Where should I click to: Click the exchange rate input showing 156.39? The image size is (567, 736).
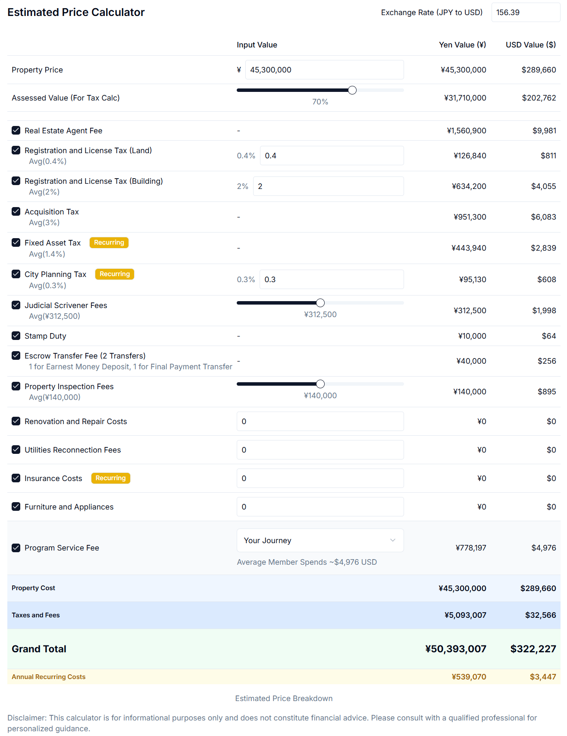525,13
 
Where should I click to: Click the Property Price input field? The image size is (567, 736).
324,70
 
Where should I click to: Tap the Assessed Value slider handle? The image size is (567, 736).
352,90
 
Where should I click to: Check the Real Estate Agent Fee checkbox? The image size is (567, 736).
16,130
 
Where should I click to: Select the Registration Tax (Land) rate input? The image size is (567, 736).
331,156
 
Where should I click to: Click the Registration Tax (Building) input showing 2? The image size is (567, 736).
328,186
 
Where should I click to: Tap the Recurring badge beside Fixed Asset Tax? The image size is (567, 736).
109,242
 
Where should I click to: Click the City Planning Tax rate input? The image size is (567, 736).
331,280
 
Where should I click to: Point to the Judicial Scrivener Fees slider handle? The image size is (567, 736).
320,303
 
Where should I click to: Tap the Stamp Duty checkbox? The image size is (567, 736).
16,336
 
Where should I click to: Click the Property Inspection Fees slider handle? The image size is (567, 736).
320,384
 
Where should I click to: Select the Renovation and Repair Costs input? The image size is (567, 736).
320,421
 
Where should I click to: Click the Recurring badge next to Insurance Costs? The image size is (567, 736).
110,478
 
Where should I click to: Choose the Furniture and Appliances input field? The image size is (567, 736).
320,507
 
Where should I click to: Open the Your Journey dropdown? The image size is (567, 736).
320,541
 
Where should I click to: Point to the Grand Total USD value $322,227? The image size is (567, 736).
533,649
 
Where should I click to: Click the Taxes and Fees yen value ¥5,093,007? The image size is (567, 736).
465,615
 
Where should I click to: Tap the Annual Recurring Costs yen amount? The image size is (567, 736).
469,677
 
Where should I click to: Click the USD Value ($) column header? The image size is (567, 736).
530,45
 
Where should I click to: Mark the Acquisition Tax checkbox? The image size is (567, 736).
16,211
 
